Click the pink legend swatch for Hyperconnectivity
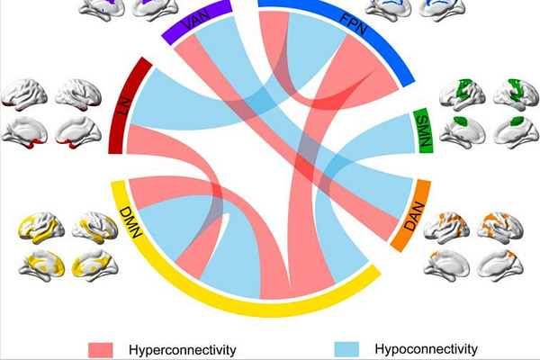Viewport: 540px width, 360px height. pos(101,348)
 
